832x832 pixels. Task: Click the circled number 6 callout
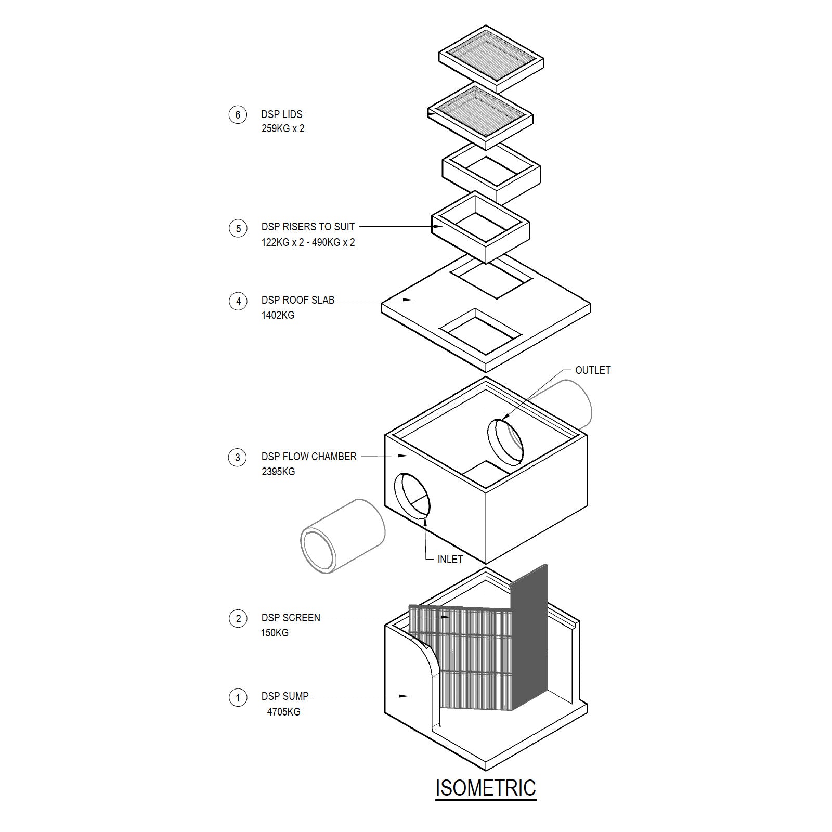coord(238,114)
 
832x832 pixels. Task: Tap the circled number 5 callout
coord(238,228)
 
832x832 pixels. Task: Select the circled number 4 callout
coord(238,301)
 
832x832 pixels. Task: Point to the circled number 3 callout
coord(238,457)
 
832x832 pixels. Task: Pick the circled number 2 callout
coord(238,618)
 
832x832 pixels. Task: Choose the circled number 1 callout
coord(238,697)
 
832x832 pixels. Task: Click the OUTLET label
coord(592,370)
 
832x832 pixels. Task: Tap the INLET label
coord(450,560)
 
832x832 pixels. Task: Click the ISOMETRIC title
coord(485,787)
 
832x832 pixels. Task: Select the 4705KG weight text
coord(283,712)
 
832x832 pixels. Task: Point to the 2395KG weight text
coord(278,472)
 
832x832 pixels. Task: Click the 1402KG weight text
coord(278,315)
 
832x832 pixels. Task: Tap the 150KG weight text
coord(275,633)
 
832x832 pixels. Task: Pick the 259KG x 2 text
coord(283,128)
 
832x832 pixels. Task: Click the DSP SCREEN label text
coord(291,618)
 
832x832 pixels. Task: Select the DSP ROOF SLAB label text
coord(298,300)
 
